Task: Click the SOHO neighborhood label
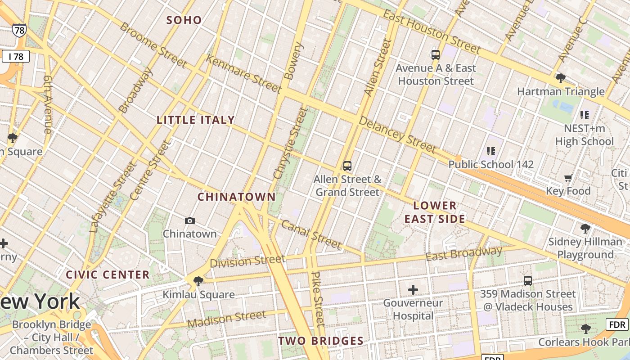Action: [x=184, y=20]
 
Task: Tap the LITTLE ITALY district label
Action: [x=196, y=120]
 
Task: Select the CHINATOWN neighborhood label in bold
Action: [x=237, y=197]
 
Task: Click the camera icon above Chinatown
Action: [x=190, y=220]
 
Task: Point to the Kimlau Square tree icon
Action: [x=198, y=282]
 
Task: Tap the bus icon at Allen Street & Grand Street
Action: [x=347, y=166]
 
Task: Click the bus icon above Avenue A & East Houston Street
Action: [x=435, y=55]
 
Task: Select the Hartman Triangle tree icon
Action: [x=560, y=78]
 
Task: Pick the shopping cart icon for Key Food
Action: [x=568, y=178]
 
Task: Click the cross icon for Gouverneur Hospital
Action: [x=413, y=290]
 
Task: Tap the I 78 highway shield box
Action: [x=16, y=57]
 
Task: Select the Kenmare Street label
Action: [x=243, y=73]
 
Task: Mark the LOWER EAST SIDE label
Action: [x=435, y=212]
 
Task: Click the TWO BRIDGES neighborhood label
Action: [x=321, y=341]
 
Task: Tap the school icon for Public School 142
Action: [x=490, y=151]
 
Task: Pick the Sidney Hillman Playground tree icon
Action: [x=585, y=229]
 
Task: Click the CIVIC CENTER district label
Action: [x=108, y=275]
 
